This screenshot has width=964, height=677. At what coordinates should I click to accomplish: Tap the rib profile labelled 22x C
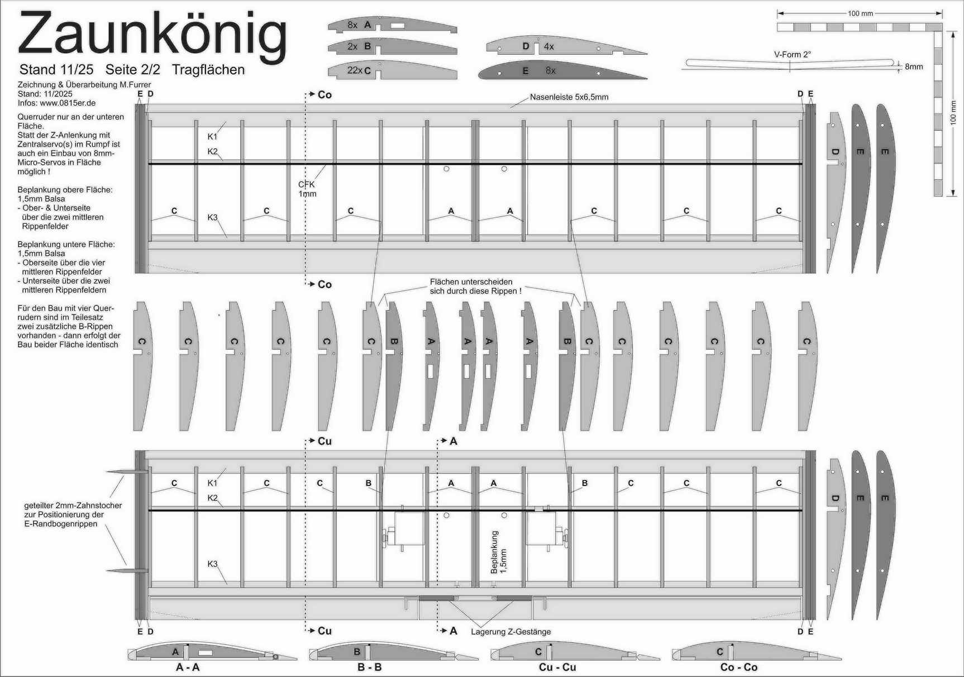[x=392, y=70]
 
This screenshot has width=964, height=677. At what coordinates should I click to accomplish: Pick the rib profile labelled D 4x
[x=566, y=46]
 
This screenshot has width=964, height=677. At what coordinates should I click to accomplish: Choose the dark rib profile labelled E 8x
[x=562, y=70]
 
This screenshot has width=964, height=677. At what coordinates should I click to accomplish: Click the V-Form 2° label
[x=792, y=55]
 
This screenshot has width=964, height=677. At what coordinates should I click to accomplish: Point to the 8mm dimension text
[x=914, y=66]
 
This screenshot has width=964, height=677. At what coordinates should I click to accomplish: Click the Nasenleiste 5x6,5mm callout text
[x=569, y=97]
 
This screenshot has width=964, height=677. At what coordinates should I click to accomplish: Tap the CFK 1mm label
[x=307, y=189]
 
